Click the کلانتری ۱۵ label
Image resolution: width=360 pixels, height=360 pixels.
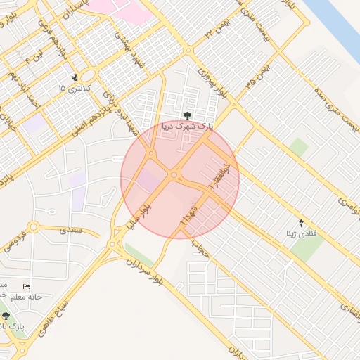72,88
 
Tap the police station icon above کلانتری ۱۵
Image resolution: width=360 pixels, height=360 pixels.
75,77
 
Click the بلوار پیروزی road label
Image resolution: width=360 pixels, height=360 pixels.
214,83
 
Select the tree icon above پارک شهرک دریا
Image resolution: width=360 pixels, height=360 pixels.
186,115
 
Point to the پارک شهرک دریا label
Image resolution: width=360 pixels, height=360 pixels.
186,127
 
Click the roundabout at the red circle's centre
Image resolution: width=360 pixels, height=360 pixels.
174,174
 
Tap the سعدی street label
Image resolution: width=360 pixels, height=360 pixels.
70,229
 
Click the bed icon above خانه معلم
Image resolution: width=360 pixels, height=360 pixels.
27,286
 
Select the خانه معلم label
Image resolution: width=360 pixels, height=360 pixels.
25,297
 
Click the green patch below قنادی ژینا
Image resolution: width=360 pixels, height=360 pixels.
307,247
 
